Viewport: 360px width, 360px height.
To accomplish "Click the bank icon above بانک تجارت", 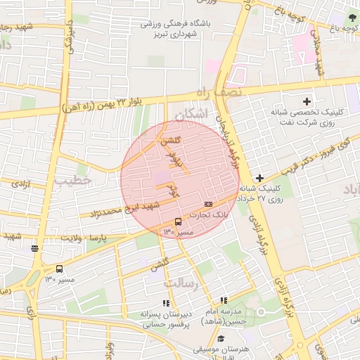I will pyautogui.click(x=208, y=204).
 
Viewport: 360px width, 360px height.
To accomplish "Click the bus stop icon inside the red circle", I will pyautogui.click(x=177, y=221).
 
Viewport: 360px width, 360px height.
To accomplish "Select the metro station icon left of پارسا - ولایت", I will pyautogui.click(x=34, y=247).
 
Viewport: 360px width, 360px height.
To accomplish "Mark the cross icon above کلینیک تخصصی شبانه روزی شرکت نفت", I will pyautogui.click(x=307, y=102).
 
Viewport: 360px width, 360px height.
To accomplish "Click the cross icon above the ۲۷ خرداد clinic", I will pyautogui.click(x=259, y=179).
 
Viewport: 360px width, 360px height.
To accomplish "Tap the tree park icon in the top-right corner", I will pyautogui.click(x=352, y=15).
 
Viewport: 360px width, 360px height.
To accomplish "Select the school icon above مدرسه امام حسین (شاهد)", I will pyautogui.click(x=224, y=300).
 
